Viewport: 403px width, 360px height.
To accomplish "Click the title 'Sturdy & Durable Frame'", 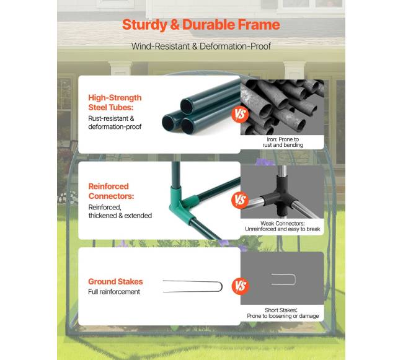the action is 201,25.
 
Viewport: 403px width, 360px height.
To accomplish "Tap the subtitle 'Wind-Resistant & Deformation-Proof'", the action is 201,46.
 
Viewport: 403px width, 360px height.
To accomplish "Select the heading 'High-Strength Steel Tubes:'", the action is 115,102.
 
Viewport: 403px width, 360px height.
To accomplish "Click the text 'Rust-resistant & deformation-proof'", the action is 115,123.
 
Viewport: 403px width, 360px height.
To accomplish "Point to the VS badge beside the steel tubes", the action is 240,114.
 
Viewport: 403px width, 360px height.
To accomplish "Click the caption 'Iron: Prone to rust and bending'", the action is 283,142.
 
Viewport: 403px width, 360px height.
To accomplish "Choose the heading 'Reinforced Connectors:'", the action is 111,191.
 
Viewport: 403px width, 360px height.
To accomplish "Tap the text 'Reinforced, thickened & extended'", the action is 120,211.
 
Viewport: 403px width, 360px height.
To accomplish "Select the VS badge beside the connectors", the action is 240,200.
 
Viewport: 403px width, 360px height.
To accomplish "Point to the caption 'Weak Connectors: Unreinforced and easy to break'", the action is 283,226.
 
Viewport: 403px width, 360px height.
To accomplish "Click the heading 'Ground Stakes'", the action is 115,281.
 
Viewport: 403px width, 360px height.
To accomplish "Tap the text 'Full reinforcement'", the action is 114,292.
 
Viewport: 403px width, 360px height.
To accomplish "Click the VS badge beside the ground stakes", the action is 241,286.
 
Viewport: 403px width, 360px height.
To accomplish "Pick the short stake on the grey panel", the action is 294,279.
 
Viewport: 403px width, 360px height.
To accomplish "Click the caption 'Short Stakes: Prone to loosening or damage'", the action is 283,313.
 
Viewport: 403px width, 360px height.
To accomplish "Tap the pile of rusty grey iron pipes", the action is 282,107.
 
